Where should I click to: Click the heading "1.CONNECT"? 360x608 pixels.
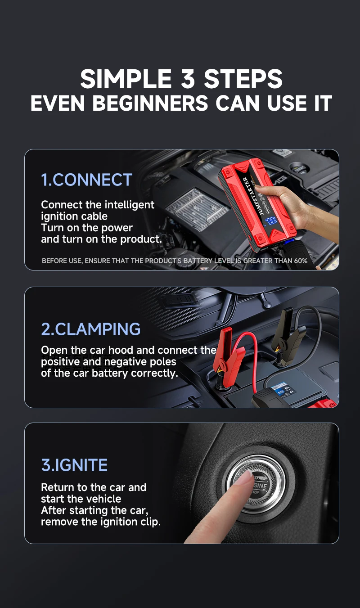(86, 180)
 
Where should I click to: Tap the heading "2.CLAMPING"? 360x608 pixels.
(91, 329)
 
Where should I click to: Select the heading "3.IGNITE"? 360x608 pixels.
(74, 465)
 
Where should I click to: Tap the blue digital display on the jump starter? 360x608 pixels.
(271, 221)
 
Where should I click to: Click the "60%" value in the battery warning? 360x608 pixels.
(298, 261)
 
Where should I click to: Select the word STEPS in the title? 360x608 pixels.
(243, 79)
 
